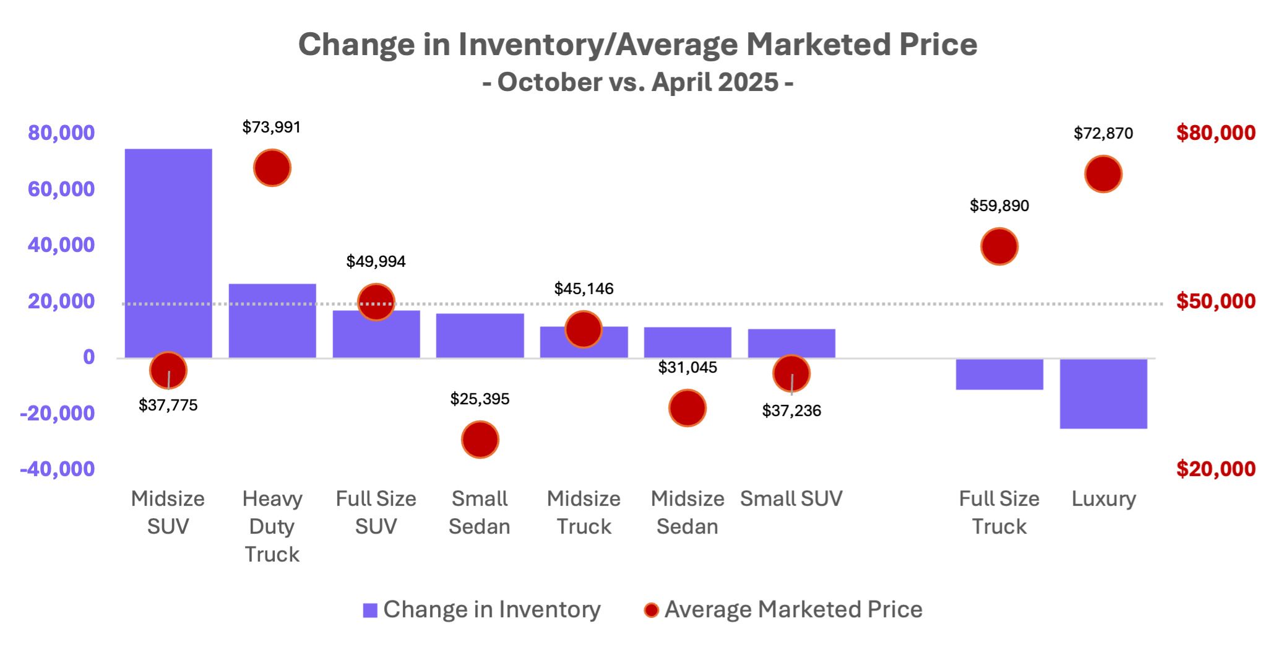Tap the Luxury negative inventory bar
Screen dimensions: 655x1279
pyautogui.click(x=1103, y=394)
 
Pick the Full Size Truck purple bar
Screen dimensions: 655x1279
pyautogui.click(x=999, y=375)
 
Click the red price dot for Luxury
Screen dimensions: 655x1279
pyautogui.click(x=1103, y=174)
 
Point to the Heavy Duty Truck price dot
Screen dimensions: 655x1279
pyautogui.click(x=272, y=168)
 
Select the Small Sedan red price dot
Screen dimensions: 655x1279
pyautogui.click(x=480, y=440)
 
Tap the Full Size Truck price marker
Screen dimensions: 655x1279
pyautogui.click(x=999, y=246)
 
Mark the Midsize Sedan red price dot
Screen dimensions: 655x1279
pyautogui.click(x=687, y=408)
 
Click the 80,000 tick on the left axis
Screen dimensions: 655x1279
pyautogui.click(x=61, y=133)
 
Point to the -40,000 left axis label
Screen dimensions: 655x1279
pyautogui.click(x=58, y=469)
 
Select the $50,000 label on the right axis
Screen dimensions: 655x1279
pyautogui.click(x=1216, y=301)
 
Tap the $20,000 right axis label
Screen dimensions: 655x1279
pyautogui.click(x=1216, y=469)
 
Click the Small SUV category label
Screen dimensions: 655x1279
pyautogui.click(x=791, y=499)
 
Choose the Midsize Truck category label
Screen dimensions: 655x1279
pyautogui.click(x=584, y=513)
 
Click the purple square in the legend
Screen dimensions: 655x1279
pyautogui.click(x=370, y=610)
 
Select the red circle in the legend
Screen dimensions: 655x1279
pyautogui.click(x=651, y=610)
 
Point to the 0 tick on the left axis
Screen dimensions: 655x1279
pyautogui.click(x=90, y=357)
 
